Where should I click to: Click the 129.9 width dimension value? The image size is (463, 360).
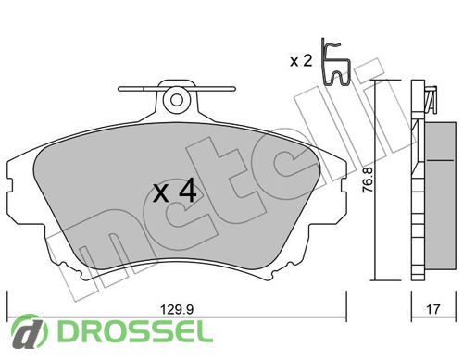[x=177, y=309]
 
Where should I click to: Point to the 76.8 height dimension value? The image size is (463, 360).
[x=368, y=180]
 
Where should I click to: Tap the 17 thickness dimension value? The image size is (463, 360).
[x=432, y=309]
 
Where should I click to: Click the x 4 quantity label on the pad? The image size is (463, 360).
[x=175, y=192]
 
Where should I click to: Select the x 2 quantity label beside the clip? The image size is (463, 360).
[x=301, y=61]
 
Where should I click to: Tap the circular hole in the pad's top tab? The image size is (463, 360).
[x=177, y=100]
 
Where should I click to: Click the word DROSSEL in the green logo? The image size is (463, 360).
[x=135, y=332]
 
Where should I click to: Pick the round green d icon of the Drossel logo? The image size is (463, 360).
[x=30, y=332]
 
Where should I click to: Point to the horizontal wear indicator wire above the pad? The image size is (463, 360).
[x=177, y=89]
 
